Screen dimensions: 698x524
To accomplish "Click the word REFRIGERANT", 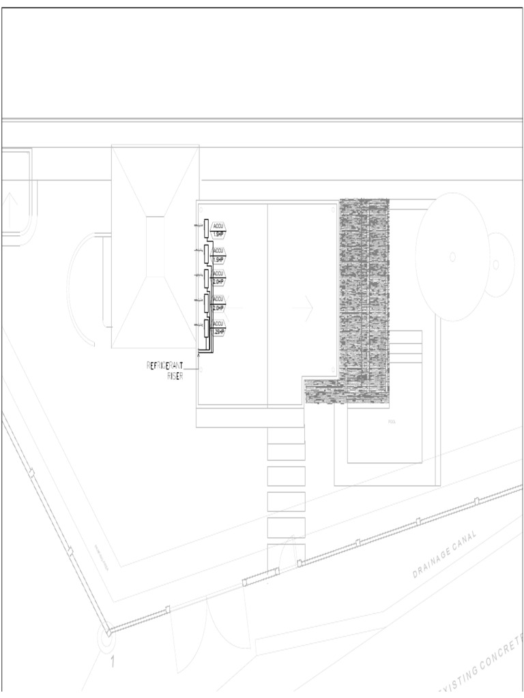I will pyautogui.click(x=165, y=366).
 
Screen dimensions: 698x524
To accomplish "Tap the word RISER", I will pyautogui.click(x=175, y=376).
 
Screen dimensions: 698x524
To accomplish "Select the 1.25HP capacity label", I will pyautogui.click(x=218, y=332).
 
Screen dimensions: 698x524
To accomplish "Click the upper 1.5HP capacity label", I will pyautogui.click(x=218, y=234).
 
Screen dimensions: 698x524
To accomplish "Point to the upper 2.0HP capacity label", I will pyautogui.click(x=218, y=281).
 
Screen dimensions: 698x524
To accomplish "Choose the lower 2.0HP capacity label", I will pyautogui.click(x=218, y=307).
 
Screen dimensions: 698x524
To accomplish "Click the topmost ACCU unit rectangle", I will pyautogui.click(x=206, y=228).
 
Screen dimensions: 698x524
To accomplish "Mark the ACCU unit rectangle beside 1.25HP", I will pyautogui.click(x=206, y=329).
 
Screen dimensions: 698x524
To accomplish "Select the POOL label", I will pyautogui.click(x=392, y=422).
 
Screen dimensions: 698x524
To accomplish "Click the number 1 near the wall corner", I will pyautogui.click(x=112, y=661).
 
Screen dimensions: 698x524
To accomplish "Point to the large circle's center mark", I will pyautogui.click(x=451, y=257).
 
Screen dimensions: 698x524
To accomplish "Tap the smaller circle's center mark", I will pyautogui.click(x=496, y=263).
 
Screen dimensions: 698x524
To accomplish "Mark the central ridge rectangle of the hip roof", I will pyautogui.click(x=155, y=246).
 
